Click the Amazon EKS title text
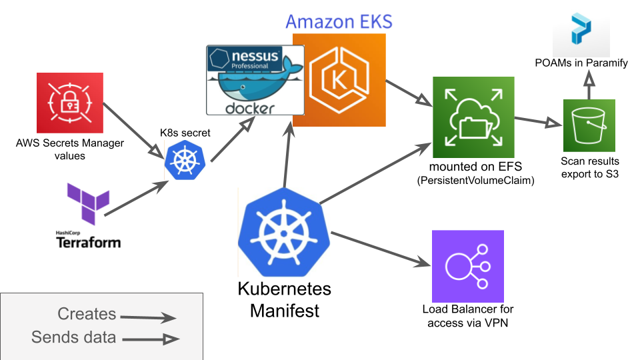point(339,21)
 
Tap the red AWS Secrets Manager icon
point(70,102)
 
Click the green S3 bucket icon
point(589,125)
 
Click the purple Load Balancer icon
point(468,266)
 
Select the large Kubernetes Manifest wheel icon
point(283,231)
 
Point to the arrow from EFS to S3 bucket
point(537,121)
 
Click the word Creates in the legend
point(87,314)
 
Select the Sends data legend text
point(73,337)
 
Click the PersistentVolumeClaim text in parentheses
point(475,180)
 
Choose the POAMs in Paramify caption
point(581,63)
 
